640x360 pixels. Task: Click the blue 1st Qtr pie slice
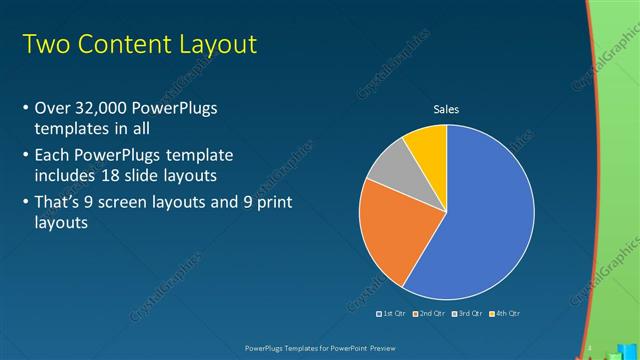pos(480,215)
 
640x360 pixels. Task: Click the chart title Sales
pos(446,110)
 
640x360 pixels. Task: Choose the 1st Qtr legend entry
pos(394,314)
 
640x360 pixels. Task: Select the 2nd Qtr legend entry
pos(429,314)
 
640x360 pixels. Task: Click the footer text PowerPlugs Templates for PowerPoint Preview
pos(319,348)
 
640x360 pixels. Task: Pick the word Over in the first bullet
pos(52,109)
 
